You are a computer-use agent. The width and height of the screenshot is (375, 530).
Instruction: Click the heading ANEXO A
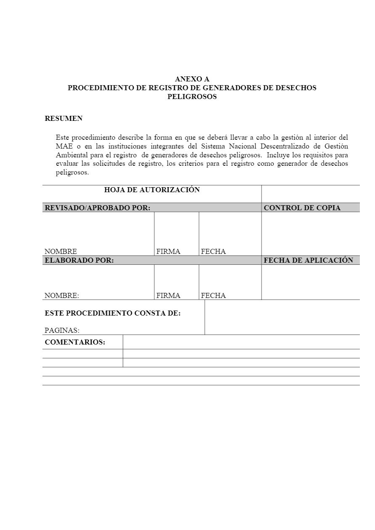pyautogui.click(x=192, y=79)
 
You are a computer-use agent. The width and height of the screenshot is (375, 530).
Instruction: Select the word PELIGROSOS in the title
pyautogui.click(x=192, y=97)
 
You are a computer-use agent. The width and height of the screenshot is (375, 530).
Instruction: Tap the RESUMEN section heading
pyautogui.click(x=63, y=118)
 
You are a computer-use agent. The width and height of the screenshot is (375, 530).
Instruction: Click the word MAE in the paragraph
pyautogui.click(x=64, y=146)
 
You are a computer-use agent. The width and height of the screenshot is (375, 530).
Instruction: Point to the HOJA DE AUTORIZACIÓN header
pyautogui.click(x=152, y=190)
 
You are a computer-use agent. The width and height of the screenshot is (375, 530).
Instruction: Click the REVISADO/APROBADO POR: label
pyautogui.click(x=98, y=208)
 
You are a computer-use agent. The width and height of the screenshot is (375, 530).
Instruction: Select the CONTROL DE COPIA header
pyautogui.click(x=302, y=208)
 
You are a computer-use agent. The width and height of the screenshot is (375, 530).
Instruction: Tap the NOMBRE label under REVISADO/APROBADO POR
pyautogui.click(x=61, y=251)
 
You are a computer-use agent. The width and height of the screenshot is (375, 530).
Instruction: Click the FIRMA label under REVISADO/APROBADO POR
pyautogui.click(x=168, y=251)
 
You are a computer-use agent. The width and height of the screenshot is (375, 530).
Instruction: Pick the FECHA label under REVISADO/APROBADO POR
pyautogui.click(x=213, y=251)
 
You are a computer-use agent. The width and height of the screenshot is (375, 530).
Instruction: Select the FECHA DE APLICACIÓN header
pyautogui.click(x=309, y=260)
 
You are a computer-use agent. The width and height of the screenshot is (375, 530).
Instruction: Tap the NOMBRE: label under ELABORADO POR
pyautogui.click(x=62, y=295)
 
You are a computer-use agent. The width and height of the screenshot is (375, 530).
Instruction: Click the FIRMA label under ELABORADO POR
pyautogui.click(x=168, y=295)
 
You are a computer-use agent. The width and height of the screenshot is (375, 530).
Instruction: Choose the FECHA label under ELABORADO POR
pyautogui.click(x=213, y=295)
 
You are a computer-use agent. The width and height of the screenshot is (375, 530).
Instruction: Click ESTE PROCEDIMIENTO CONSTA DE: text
pyautogui.click(x=113, y=313)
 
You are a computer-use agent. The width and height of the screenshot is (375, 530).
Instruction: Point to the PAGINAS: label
pyautogui.click(x=62, y=330)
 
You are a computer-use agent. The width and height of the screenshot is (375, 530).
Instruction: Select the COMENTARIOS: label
pyautogui.click(x=75, y=342)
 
